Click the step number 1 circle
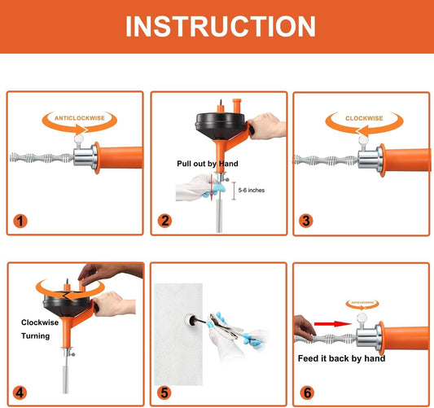tap(20, 220)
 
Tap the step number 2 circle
tap(165, 220)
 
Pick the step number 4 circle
tap(20, 392)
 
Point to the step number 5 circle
tap(165, 392)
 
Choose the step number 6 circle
tap(307, 392)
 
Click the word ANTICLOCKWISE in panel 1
tap(79, 118)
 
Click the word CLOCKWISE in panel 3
tap(363, 118)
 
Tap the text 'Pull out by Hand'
tap(208, 164)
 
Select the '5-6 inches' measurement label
tap(251, 190)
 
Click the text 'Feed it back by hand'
tap(341, 358)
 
